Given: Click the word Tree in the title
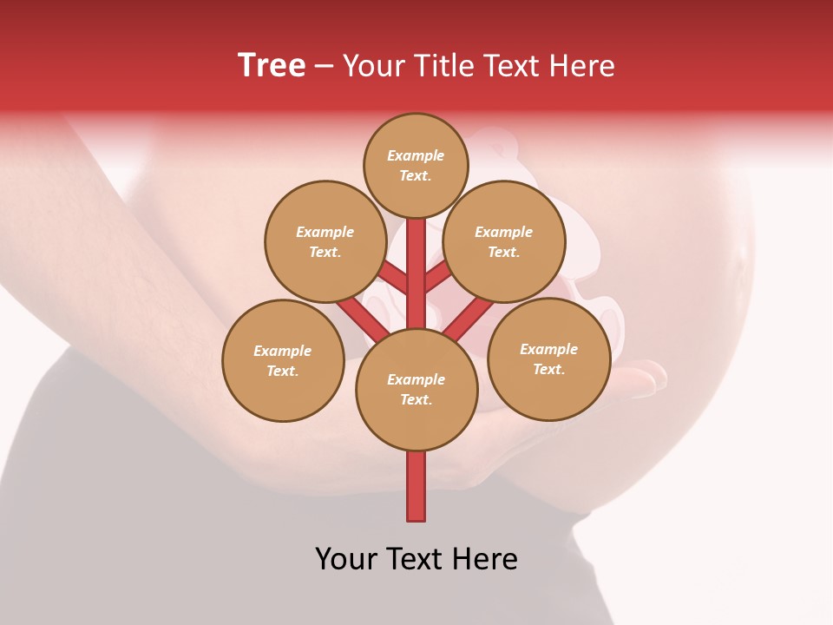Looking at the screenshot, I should [x=272, y=66].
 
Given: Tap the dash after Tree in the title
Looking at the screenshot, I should [x=325, y=67].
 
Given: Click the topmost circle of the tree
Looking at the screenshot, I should [x=416, y=165].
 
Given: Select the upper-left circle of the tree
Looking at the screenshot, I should [x=325, y=241].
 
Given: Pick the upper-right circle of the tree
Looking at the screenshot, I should [x=504, y=241].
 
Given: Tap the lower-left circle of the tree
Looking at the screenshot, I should [x=283, y=360].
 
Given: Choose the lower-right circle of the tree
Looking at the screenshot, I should [x=549, y=359].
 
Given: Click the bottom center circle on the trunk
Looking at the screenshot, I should [x=416, y=390].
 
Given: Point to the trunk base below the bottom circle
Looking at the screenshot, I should [x=416, y=486].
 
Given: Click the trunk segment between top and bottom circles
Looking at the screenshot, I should [x=416, y=273].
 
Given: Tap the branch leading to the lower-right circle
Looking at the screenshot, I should [x=469, y=318].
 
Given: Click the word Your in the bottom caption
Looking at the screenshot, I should [x=345, y=559].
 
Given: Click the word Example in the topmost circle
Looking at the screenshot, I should [x=416, y=156].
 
